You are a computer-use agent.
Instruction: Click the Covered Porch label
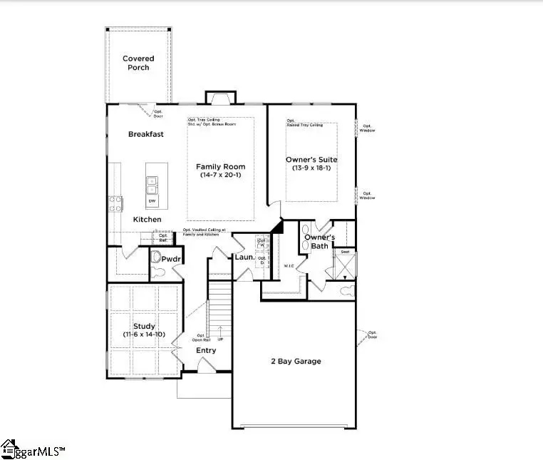tap(138, 63)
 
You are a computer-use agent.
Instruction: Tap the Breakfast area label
tap(146, 134)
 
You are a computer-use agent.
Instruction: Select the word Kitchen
tap(147, 219)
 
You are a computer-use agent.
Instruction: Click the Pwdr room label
tap(170, 260)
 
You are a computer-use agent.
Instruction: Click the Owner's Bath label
tap(316, 241)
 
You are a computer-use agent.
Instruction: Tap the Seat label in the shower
tap(345, 251)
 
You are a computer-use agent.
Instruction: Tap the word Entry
tap(206, 350)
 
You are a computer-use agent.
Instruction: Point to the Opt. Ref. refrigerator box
tap(164, 238)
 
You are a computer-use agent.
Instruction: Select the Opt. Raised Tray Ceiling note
tap(304, 123)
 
